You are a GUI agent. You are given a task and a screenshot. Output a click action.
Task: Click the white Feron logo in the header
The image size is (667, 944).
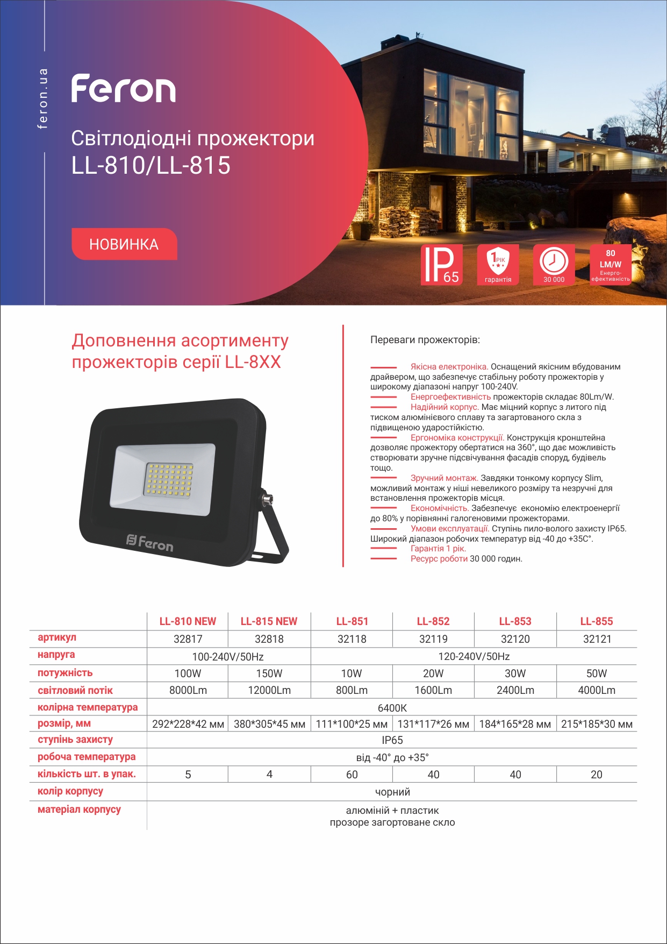point(124,89)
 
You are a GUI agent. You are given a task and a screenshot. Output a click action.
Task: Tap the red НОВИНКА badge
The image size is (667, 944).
point(124,244)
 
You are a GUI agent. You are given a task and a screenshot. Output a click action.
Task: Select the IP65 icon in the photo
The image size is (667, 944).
point(441,265)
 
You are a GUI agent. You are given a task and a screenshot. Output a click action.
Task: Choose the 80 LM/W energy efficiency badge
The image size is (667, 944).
point(610,264)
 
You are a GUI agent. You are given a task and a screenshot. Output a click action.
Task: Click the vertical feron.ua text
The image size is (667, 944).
point(43,98)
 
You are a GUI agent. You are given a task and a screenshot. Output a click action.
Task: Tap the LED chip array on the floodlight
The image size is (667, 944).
point(169,479)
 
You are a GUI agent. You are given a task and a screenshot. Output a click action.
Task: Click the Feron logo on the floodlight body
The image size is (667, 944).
point(150,543)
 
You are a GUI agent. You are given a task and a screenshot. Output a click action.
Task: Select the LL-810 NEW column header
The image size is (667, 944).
point(188,621)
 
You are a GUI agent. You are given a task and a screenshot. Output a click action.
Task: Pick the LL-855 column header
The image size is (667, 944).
point(597,621)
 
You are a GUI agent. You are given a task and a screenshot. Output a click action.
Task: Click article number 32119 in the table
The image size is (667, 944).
point(433,639)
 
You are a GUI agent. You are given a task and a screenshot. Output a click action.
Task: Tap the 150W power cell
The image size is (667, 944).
point(269,673)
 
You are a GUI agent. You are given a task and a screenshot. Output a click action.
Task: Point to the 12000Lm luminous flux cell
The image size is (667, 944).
point(269,690)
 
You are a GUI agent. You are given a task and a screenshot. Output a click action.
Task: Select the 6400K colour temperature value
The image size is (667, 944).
point(392,708)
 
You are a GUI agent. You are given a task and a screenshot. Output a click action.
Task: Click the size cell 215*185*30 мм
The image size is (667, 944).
point(597,724)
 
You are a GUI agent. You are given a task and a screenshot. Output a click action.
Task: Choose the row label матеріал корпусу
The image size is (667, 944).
point(80,810)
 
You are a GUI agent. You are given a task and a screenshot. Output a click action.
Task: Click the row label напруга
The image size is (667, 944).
point(56,655)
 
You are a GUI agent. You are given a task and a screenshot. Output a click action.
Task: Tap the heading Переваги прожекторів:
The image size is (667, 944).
point(425,340)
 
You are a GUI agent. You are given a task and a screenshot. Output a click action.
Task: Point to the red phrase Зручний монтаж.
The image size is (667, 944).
point(444,478)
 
